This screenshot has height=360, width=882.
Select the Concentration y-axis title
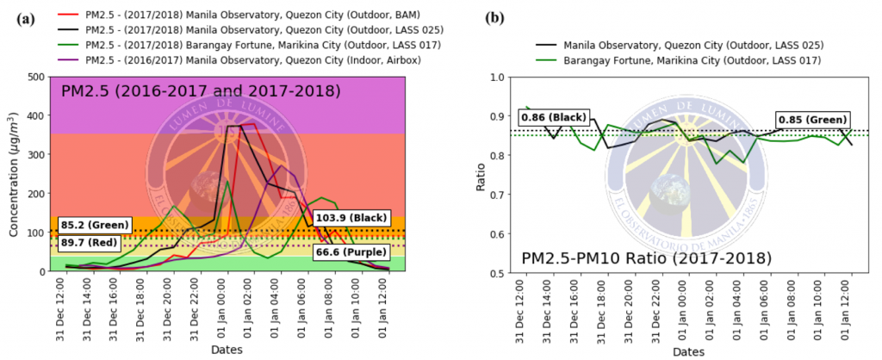click(12, 174)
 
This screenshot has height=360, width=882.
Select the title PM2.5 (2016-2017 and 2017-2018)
click(200, 91)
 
